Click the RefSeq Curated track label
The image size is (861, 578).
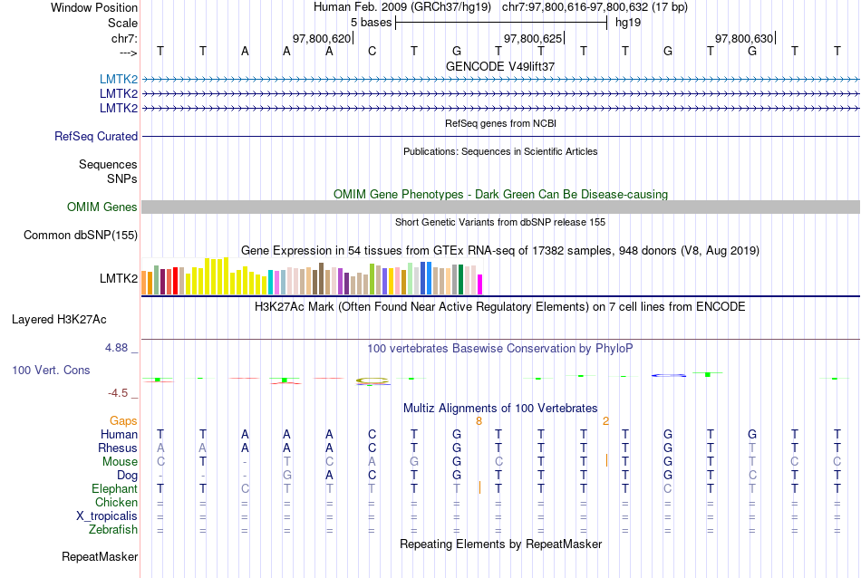coord(96,136)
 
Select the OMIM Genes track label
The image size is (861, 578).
coord(102,207)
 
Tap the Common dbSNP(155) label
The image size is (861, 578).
coord(81,236)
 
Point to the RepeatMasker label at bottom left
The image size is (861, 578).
coord(100,555)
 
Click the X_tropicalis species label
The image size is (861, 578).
coord(107,515)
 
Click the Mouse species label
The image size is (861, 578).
coord(120,461)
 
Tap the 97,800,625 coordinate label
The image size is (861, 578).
coord(533,38)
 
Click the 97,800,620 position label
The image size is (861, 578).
coord(322,38)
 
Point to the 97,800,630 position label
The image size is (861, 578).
coord(744,38)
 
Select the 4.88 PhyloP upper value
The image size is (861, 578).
coord(119,347)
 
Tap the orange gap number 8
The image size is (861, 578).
coord(479,420)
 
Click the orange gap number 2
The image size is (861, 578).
coord(605,420)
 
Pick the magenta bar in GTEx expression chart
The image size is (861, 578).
coord(480,284)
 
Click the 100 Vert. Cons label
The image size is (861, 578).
coord(51,370)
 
